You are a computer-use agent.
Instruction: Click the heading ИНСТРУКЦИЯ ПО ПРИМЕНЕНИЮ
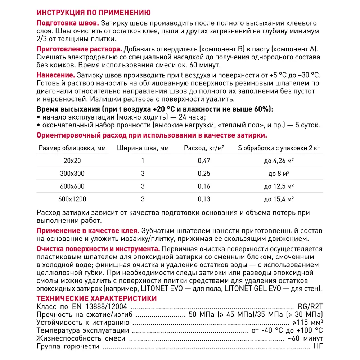[94, 13]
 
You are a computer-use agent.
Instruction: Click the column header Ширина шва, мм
[143, 148]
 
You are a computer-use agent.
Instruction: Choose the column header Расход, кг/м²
[202, 148]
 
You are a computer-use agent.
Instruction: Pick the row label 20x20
[72, 161]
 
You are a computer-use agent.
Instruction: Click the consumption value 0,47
[204, 161]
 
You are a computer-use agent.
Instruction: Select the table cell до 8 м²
[279, 174]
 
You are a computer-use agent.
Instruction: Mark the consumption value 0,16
[204, 186]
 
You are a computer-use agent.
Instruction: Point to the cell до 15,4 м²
[279, 199]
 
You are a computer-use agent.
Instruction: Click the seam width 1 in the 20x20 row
[143, 161]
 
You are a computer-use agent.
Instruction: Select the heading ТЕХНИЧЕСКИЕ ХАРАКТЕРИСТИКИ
[97, 298]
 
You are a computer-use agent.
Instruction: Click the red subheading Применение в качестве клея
[88, 230]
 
